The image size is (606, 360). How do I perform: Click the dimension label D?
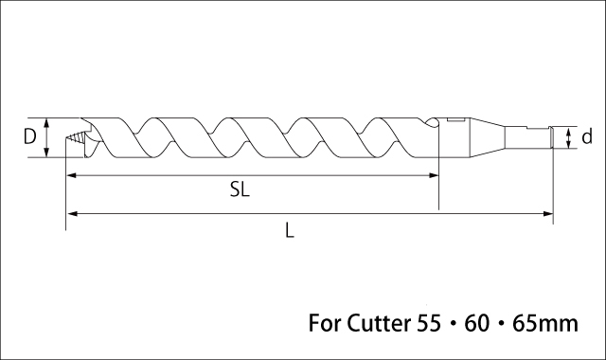coord(29,136)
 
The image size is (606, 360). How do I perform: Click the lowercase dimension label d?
coord(587,136)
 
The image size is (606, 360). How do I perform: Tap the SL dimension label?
coord(240,189)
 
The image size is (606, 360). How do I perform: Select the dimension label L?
coord(290,230)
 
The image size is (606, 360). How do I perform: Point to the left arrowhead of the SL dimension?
coord(71,175)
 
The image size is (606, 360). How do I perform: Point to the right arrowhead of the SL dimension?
coord(434,175)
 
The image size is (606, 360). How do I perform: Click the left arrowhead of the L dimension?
coord(71,213)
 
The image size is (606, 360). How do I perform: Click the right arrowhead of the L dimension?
coord(548,213)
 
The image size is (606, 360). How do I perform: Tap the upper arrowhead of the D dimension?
coord(46,123)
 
